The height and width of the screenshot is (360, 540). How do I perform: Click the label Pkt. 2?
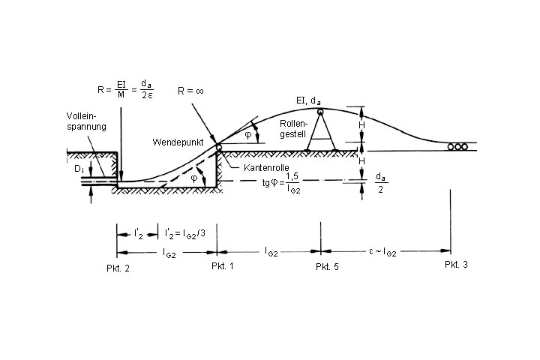118,268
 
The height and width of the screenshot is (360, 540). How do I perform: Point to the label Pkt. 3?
455,265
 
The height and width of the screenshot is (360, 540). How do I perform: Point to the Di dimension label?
79,171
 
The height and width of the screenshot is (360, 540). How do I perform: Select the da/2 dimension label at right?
380,184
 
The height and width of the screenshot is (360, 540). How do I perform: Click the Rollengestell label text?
293,127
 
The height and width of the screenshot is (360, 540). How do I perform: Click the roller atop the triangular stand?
320,112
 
